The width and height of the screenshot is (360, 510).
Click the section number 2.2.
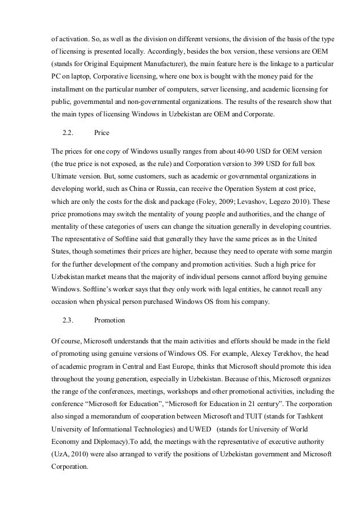(x=69, y=133)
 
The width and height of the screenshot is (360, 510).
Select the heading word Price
(x=102, y=133)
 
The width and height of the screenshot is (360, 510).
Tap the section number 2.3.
(x=69, y=320)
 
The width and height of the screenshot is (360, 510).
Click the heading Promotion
(x=109, y=320)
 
